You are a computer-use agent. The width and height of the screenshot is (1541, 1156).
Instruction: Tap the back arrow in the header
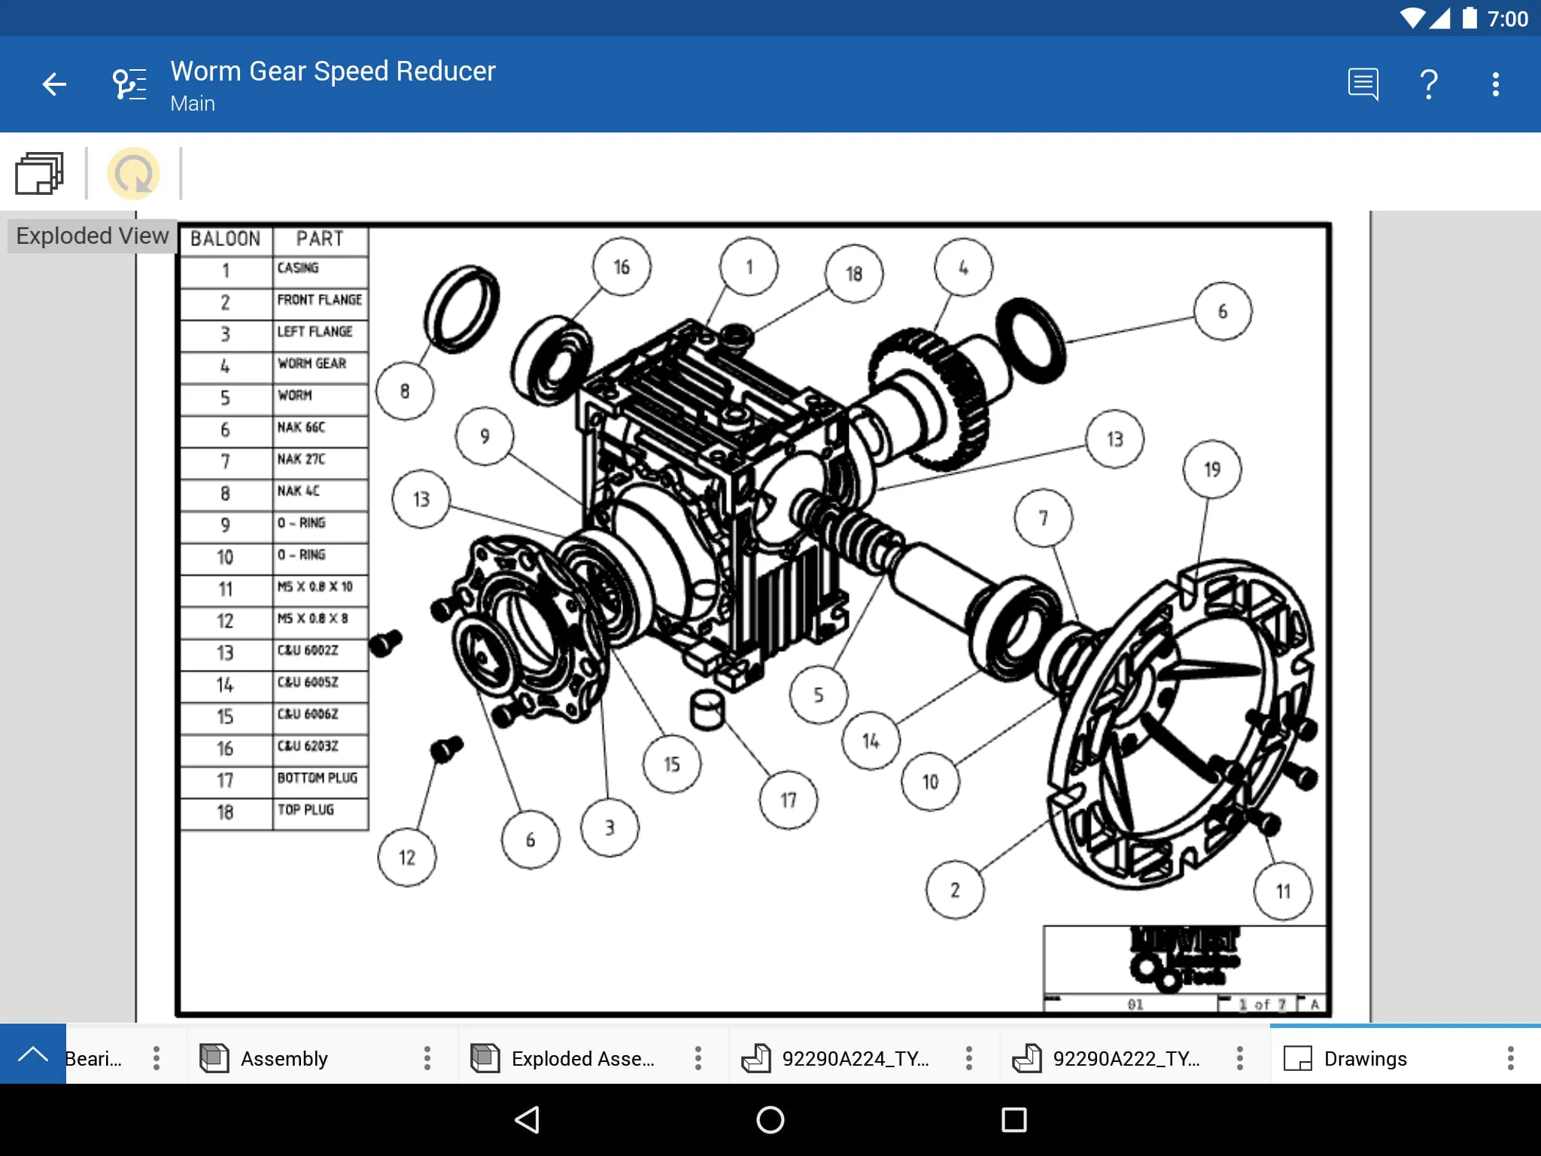coord(54,84)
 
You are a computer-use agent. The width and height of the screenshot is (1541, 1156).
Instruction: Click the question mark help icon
coord(1428,84)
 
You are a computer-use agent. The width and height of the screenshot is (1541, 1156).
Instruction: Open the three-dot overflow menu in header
coord(1495,84)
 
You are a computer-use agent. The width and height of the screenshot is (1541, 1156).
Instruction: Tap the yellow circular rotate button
coord(134,174)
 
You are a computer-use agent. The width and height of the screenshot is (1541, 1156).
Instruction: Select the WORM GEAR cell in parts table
coord(319,364)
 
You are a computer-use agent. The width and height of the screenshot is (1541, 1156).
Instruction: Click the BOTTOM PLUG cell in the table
coord(319,778)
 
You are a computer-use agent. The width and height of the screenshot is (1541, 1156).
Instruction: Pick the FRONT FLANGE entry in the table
coord(319,300)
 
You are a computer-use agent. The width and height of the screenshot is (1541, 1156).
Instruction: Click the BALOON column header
coord(225,239)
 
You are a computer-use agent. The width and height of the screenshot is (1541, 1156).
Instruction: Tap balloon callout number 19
coord(1211,470)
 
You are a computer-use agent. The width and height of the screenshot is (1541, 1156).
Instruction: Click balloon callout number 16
coord(621,267)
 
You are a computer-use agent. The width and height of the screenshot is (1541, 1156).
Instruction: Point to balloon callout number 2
coord(954,890)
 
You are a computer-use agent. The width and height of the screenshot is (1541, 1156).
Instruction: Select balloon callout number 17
coord(788,800)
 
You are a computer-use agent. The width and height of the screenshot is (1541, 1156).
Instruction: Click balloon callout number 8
coord(405,391)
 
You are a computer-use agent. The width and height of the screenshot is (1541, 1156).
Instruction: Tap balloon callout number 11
coord(1283,892)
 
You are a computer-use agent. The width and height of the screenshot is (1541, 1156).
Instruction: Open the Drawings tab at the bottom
coord(1364,1059)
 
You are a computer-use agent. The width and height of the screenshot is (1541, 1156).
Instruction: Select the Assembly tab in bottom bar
coord(284,1059)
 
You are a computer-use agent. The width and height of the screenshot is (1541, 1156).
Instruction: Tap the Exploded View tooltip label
coord(92,236)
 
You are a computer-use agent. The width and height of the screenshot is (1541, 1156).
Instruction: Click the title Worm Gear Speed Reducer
coord(333,71)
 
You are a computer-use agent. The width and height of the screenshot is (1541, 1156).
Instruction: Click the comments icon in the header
coord(1363,84)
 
